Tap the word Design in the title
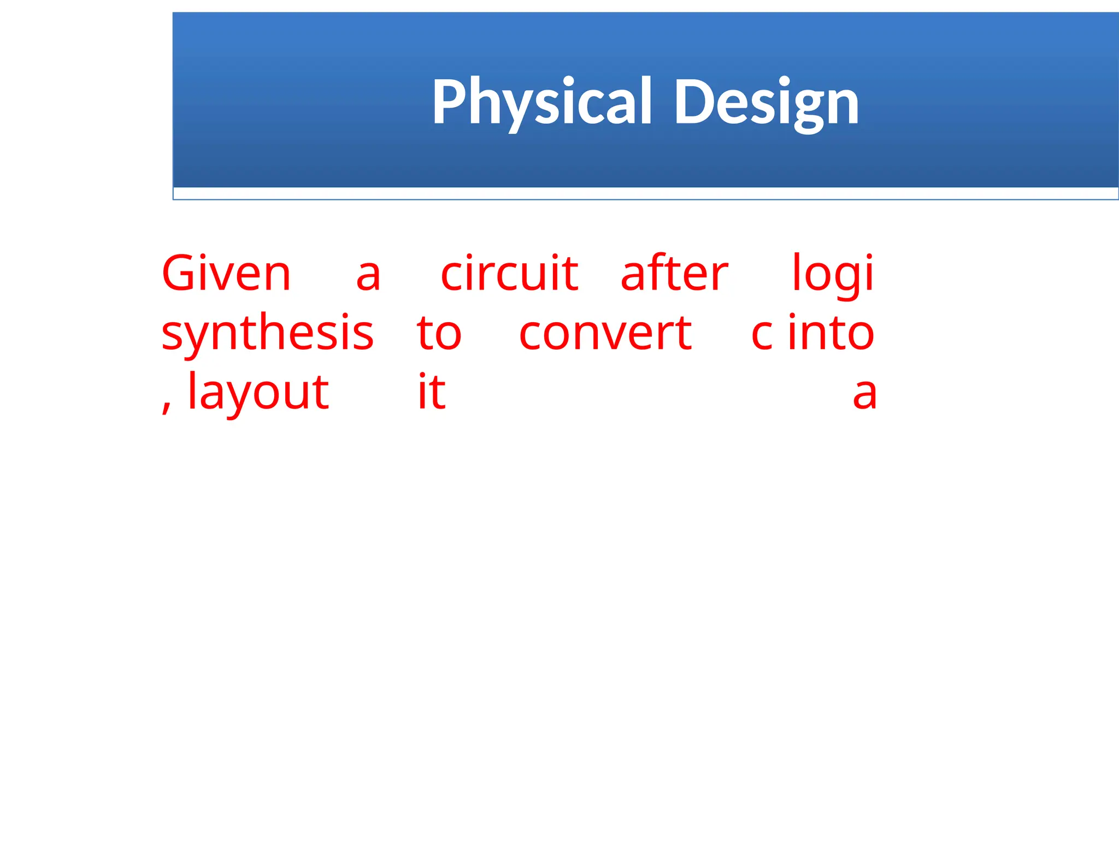767,102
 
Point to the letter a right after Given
368,275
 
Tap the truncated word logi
833,275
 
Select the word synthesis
267,333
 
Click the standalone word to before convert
439,333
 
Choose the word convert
605,333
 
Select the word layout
258,392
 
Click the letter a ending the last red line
864,394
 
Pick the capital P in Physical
450,101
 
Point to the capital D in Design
692,102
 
